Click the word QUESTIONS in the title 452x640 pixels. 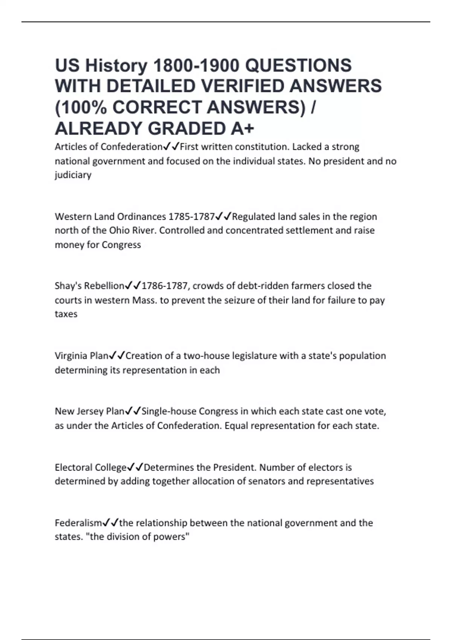298,66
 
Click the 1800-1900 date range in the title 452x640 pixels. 196,66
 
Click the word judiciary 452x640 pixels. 73,175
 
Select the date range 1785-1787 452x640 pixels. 191,216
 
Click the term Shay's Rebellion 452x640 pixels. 89,286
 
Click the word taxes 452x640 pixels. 66,314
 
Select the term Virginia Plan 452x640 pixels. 81,356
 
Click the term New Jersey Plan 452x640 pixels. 89,411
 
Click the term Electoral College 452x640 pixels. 90,467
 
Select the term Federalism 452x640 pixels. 78,523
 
